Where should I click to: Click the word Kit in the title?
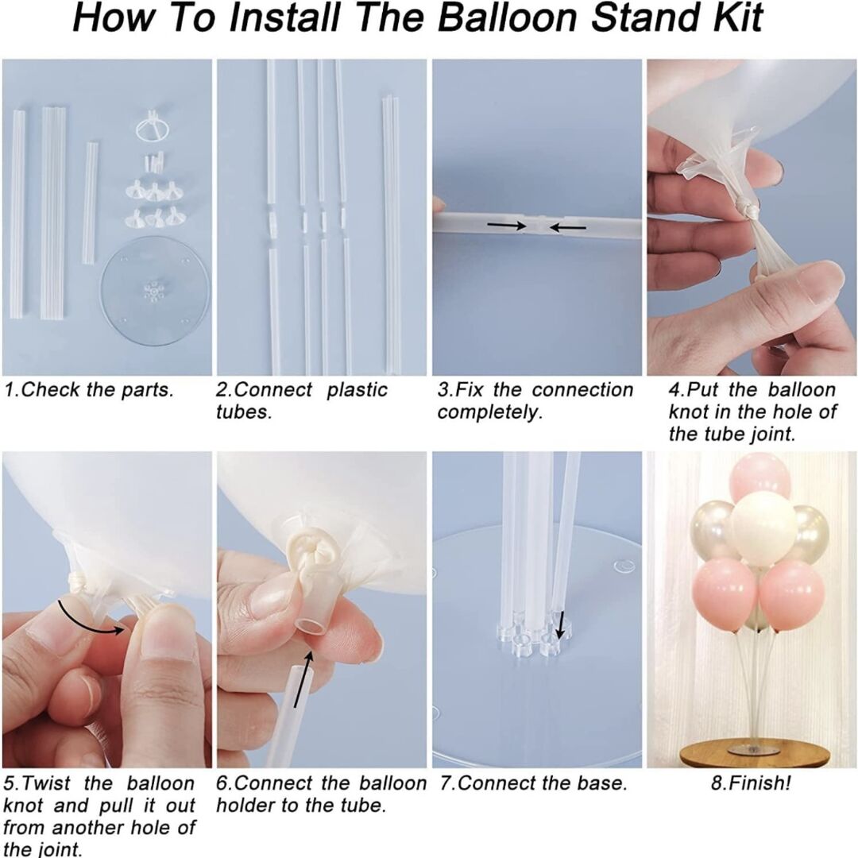736,18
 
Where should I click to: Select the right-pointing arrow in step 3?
506,225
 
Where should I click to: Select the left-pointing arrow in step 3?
568,226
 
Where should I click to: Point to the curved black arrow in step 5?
91,619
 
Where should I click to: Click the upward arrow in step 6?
303,679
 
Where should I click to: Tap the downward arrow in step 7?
559,625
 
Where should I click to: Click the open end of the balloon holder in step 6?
308,625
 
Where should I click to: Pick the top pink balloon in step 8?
759,481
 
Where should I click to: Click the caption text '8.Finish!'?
751,783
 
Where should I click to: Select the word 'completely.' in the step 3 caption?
489,412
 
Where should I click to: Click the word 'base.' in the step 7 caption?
601,783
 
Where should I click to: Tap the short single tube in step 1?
91,203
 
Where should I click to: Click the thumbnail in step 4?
821,284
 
